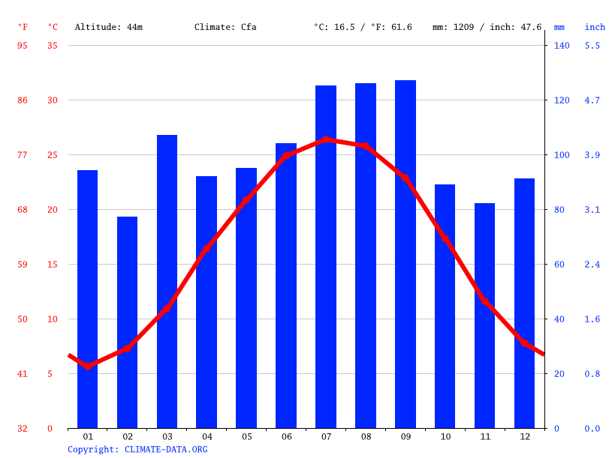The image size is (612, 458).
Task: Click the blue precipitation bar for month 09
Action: pyautogui.click(x=405, y=255)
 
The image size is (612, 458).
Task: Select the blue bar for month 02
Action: pyautogui.click(x=128, y=322)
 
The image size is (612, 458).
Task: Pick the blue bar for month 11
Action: pyautogui.click(x=485, y=315)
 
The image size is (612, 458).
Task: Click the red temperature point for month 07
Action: pyautogui.click(x=326, y=139)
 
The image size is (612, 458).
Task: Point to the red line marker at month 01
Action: pyautogui.click(x=88, y=366)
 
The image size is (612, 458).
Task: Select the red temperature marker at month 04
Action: pyautogui.click(x=207, y=248)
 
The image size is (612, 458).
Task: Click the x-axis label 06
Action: pyautogui.click(x=286, y=436)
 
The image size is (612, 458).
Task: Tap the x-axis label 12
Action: pyautogui.click(x=524, y=436)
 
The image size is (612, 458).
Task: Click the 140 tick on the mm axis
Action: pyautogui.click(x=562, y=46)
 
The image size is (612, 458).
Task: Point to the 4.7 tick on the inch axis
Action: pyautogui.click(x=592, y=100)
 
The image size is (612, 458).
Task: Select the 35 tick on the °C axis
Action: pyautogui.click(x=53, y=46)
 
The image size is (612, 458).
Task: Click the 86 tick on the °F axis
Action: pyautogui.click(x=23, y=100)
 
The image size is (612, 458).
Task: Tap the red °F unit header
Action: pyautogui.click(x=23, y=27)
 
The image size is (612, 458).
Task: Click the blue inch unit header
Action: pyautogui.click(x=595, y=27)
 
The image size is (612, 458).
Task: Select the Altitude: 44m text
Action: pyautogui.click(x=109, y=27)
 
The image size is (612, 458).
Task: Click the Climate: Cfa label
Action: pyautogui.click(x=225, y=27)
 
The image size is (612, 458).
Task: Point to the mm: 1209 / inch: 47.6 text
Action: pyautogui.click(x=487, y=27)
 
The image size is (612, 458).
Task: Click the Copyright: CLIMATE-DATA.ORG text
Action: pyautogui.click(x=137, y=449)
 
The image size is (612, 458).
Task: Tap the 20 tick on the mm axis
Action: pyautogui.click(x=559, y=374)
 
